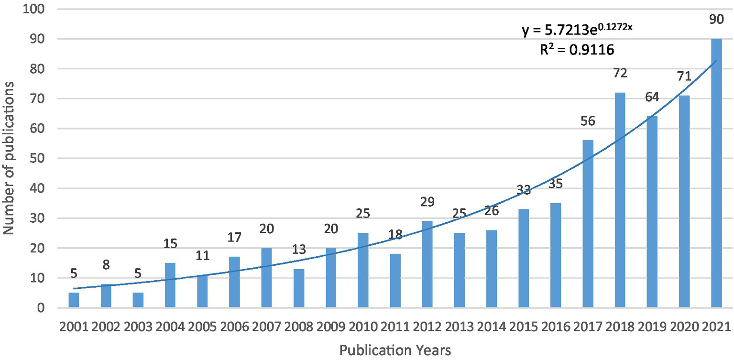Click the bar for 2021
pos(716,173)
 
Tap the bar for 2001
pos(74,300)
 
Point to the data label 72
pos(620,74)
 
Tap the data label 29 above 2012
pos(427,202)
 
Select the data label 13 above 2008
pos(298,250)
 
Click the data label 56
pos(588,121)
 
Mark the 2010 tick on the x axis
pos(363,327)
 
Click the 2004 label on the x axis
pos(170,327)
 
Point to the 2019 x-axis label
pos(652,327)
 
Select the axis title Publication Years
pos(395,350)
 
